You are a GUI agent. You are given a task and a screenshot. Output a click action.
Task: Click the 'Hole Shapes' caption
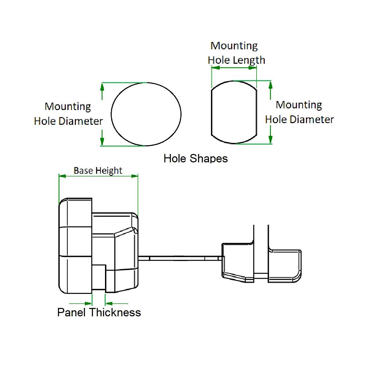click(196, 158)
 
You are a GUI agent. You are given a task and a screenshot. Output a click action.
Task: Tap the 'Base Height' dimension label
click(98, 170)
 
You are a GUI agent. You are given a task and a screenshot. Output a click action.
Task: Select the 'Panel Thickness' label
click(99, 312)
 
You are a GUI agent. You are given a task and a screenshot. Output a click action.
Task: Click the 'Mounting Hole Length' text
click(236, 53)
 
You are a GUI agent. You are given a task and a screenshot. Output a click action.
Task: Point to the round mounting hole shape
click(146, 114)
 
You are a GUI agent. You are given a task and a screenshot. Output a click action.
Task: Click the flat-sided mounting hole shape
click(234, 112)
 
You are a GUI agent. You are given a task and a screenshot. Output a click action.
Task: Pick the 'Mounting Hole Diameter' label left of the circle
click(68, 114)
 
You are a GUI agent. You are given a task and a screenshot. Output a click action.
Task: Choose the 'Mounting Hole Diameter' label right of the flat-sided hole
click(299, 112)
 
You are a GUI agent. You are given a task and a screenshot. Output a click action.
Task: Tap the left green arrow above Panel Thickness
click(88, 294)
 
